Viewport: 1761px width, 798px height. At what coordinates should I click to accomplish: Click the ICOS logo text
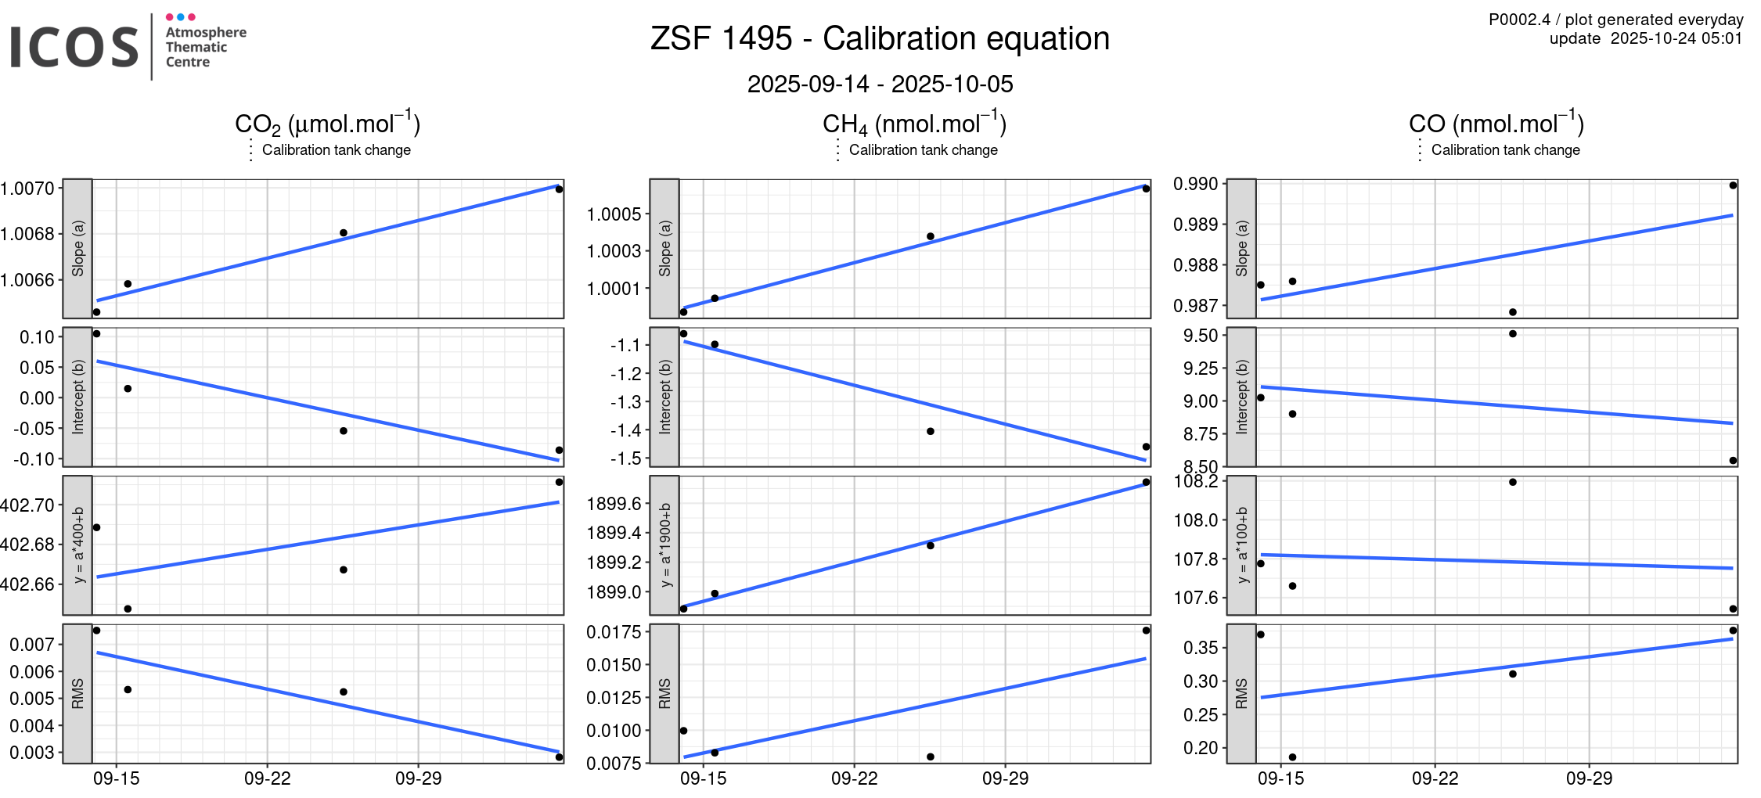pyautogui.click(x=74, y=47)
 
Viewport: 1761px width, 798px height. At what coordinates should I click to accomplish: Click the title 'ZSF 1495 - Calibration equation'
pyautogui.click(x=880, y=38)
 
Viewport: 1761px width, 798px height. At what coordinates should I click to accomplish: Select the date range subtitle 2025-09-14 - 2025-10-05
pyautogui.click(x=880, y=84)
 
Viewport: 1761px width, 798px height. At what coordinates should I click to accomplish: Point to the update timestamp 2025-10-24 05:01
pyautogui.click(x=1676, y=38)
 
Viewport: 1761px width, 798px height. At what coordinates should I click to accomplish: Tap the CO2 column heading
pyautogui.click(x=327, y=124)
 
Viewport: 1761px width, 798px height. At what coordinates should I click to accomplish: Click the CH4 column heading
pyautogui.click(x=913, y=124)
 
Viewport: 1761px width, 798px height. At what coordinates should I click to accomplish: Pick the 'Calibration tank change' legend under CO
pyautogui.click(x=1505, y=150)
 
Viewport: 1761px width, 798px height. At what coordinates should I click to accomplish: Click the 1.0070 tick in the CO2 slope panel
pyautogui.click(x=27, y=188)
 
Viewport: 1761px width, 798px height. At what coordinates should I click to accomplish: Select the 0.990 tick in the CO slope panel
pyautogui.click(x=1195, y=184)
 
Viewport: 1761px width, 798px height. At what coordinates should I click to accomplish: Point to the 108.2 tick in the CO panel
pyautogui.click(x=1195, y=481)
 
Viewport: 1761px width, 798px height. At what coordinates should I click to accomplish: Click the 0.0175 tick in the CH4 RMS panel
pyautogui.click(x=614, y=632)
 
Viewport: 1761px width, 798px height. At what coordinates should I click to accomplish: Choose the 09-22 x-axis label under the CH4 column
pyautogui.click(x=854, y=778)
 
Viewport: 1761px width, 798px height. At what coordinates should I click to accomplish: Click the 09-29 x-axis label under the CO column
pyautogui.click(x=1589, y=778)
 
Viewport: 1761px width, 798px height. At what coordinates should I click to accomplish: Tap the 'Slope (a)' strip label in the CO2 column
pyautogui.click(x=77, y=248)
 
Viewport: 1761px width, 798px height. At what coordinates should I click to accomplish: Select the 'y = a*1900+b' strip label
pyautogui.click(x=664, y=545)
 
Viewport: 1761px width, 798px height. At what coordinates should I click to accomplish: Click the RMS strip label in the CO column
pyautogui.click(x=1241, y=693)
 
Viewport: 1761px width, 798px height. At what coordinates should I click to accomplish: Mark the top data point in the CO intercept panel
pyautogui.click(x=1513, y=334)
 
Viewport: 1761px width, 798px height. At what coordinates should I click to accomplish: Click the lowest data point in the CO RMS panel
pyautogui.click(x=1292, y=757)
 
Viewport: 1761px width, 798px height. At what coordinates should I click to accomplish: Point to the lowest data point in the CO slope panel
pyautogui.click(x=1513, y=312)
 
